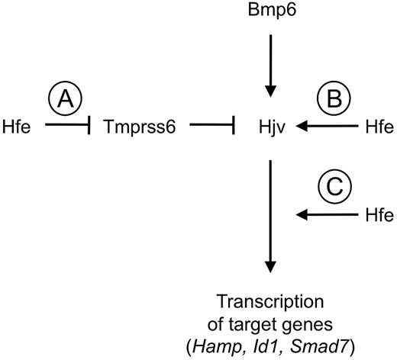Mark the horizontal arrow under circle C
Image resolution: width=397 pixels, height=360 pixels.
324,216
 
